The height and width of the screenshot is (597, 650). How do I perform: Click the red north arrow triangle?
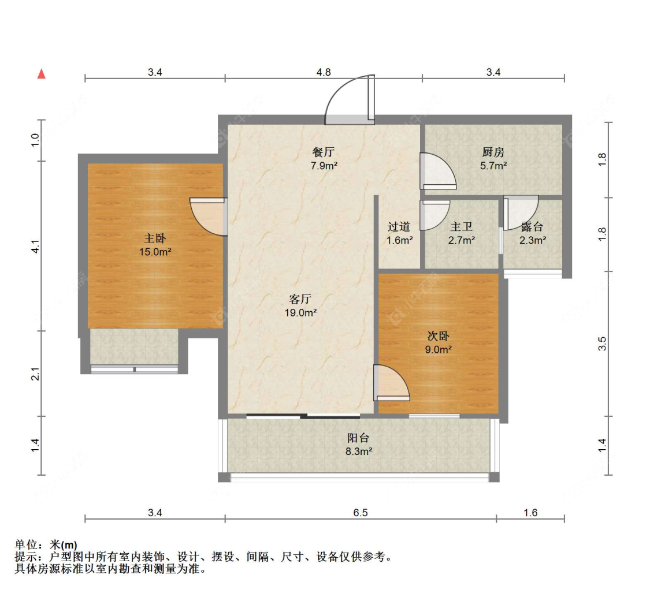tap(42, 74)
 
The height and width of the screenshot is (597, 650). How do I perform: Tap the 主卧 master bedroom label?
tap(155, 238)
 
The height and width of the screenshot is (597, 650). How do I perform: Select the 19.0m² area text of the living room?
tap(300, 313)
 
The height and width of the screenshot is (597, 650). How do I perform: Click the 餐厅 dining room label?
tap(324, 152)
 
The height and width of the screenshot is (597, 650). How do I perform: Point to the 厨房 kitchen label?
tap(493, 152)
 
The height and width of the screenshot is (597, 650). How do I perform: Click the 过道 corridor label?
tap(399, 227)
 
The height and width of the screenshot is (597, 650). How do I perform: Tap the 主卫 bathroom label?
tap(462, 227)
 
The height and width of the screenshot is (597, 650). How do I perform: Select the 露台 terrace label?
tap(532, 227)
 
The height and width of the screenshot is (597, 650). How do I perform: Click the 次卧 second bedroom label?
tap(438, 336)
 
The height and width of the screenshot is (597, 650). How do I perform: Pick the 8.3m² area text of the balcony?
tap(359, 451)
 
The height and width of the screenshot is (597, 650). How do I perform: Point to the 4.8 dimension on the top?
tap(324, 73)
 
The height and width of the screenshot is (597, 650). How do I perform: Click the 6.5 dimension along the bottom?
tap(361, 513)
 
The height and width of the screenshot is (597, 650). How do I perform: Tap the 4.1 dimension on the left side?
tap(36, 247)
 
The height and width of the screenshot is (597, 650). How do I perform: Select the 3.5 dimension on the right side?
tap(602, 344)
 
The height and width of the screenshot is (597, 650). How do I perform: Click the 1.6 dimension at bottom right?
tap(530, 513)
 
